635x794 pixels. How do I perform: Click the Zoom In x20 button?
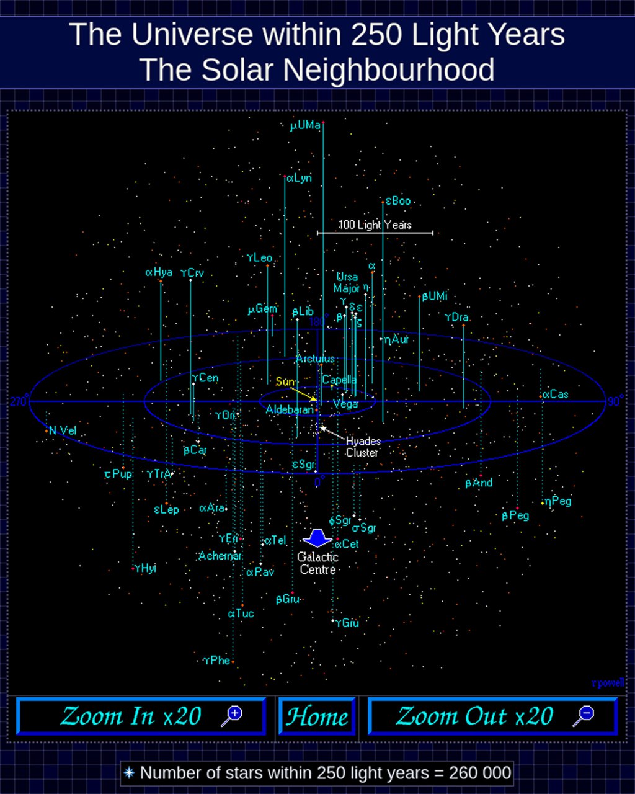click(x=141, y=716)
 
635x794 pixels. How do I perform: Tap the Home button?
click(x=317, y=716)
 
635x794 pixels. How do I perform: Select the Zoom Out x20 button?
click(x=493, y=716)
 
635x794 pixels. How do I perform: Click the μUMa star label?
click(x=305, y=126)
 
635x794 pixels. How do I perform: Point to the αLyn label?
click(x=299, y=178)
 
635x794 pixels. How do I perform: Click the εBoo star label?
click(x=398, y=201)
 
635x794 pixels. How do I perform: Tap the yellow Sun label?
click(x=285, y=381)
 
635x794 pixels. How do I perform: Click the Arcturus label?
click(x=315, y=359)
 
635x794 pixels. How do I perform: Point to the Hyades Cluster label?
click(x=363, y=447)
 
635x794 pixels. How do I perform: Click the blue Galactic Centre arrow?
click(x=317, y=537)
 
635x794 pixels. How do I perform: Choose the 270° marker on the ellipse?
click(x=18, y=401)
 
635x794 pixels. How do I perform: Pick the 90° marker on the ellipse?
click(x=615, y=401)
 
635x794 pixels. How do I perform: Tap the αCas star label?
click(x=556, y=395)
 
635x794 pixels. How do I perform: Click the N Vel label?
click(x=63, y=431)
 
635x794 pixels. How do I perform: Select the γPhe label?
click(x=216, y=661)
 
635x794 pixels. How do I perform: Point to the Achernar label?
click(x=220, y=556)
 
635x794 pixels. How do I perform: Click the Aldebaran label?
click(x=290, y=410)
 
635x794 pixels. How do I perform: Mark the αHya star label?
click(x=159, y=272)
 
